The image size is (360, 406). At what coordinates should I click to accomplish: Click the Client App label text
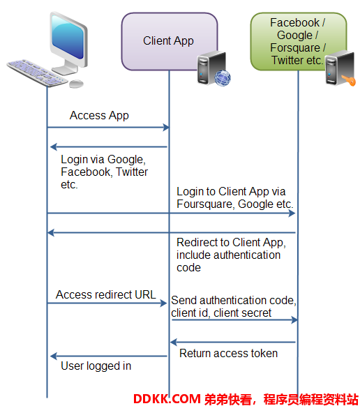tap(168, 41)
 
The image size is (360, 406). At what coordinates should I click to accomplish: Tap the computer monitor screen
tap(68, 36)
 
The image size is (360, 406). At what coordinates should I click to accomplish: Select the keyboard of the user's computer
tap(37, 73)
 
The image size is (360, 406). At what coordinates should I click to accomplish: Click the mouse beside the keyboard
tap(77, 84)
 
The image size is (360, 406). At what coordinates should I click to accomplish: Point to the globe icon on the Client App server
tap(223, 77)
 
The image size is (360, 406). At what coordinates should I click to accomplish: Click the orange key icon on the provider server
tap(349, 80)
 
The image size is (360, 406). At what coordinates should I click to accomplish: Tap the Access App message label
tap(99, 116)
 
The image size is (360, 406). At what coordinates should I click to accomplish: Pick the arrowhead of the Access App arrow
tap(166, 128)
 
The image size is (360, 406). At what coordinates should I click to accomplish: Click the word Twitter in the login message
tap(132, 172)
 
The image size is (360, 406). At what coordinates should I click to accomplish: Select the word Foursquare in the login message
tap(205, 204)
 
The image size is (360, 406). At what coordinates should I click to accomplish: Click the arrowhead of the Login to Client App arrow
tap(292, 213)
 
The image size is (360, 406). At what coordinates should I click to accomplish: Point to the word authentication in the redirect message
tap(247, 255)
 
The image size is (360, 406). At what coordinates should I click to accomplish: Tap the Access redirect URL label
tap(106, 294)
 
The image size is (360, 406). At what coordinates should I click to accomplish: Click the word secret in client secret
tap(255, 313)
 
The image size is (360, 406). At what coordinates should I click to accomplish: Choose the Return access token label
tap(228, 354)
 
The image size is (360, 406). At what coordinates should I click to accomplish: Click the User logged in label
tap(96, 366)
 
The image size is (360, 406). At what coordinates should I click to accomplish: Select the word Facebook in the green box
tap(294, 23)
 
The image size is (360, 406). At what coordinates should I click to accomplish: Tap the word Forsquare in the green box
tap(295, 48)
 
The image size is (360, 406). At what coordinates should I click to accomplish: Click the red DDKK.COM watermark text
tap(167, 399)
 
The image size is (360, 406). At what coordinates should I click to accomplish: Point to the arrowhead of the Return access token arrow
tap(174, 342)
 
